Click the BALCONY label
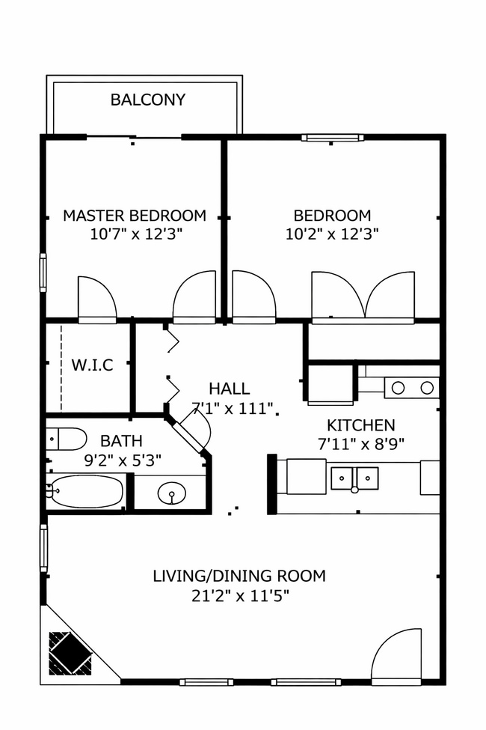(148, 100)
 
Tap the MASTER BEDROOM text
(135, 216)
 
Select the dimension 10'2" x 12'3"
(332, 234)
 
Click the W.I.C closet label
(92, 366)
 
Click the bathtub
(84, 492)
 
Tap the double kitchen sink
(355, 477)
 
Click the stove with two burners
(412, 387)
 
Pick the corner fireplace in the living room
(71, 651)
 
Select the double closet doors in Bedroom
(363, 297)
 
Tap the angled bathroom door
(192, 434)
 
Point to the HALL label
(229, 389)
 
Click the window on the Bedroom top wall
(333, 138)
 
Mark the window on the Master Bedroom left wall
(43, 273)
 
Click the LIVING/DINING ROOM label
(239, 576)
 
